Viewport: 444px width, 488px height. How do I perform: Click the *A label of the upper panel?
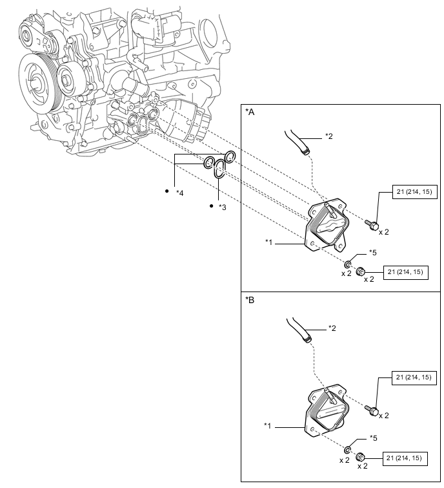[x=250, y=112]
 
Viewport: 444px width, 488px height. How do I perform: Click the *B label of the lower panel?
[x=250, y=301]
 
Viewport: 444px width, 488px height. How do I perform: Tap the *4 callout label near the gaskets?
[x=180, y=193]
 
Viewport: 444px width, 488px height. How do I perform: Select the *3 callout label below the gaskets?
[x=221, y=207]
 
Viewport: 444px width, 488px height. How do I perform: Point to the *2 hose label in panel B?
[x=332, y=328]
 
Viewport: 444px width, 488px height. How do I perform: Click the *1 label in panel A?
[x=270, y=242]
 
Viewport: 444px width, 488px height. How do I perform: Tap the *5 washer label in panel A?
[x=372, y=252]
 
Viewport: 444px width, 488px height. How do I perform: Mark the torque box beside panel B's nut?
[x=404, y=458]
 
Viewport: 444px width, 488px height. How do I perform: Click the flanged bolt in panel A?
[x=372, y=224]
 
